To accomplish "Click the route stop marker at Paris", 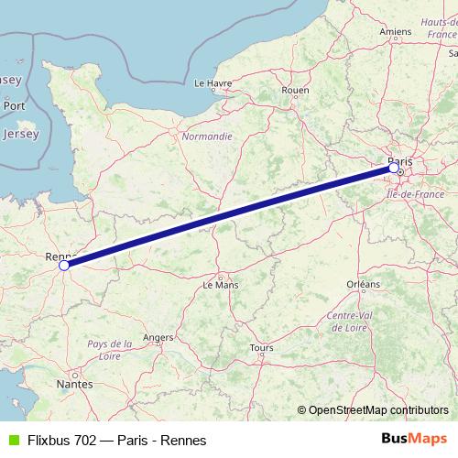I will coord(394,168).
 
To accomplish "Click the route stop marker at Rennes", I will coord(64,266).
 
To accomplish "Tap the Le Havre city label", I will coord(213,82).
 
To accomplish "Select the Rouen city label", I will coord(296,90).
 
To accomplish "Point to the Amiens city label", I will coord(395,31).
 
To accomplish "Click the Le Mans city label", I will coord(220,285).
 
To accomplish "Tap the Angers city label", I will coord(158,337).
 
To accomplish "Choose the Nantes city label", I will coord(74,385).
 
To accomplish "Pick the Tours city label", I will coord(261,348).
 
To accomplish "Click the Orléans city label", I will coord(364,285).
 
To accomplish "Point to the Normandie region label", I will coord(207,136).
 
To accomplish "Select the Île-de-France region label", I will coord(415,195).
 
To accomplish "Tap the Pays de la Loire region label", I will coord(110,349).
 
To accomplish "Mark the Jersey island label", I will coord(21,134).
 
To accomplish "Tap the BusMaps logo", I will coord(414,440).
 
